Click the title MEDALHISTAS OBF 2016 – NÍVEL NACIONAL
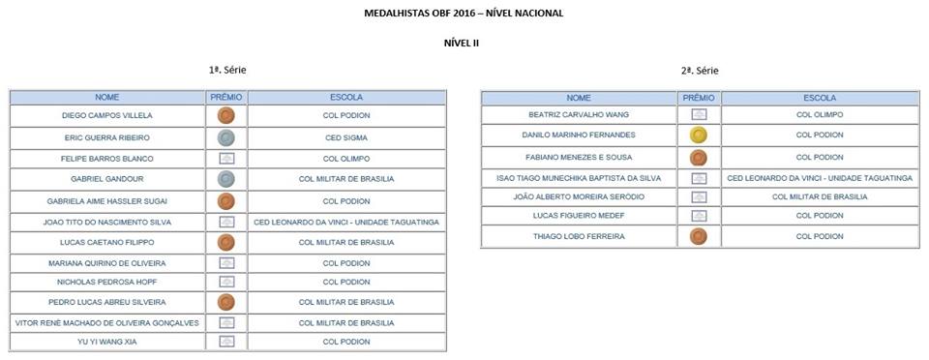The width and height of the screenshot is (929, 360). [x=463, y=13]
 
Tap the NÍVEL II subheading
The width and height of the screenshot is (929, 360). [x=462, y=43]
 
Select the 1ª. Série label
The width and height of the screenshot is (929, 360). [x=227, y=71]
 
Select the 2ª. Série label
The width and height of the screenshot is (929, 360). [x=699, y=71]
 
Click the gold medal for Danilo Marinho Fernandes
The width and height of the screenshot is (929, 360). [x=697, y=136]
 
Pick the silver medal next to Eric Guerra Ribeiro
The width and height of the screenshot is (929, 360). [x=226, y=137]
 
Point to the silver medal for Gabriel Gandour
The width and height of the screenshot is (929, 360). [x=226, y=179]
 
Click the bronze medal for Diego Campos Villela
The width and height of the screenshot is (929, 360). [x=226, y=116]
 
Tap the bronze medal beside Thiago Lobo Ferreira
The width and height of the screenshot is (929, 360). [x=697, y=237]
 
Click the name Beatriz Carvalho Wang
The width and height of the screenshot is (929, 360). [x=578, y=115]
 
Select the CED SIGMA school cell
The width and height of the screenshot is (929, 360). [x=346, y=137]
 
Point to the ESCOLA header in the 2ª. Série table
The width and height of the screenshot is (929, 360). [x=819, y=98]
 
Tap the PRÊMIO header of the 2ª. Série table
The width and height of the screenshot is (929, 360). [x=697, y=98]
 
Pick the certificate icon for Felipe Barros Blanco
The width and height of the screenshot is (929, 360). [x=226, y=158]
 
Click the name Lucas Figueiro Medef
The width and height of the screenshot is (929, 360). [x=578, y=216]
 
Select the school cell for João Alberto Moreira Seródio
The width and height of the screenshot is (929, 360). [x=819, y=196]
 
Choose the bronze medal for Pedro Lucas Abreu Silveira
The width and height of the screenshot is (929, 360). [x=226, y=302]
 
